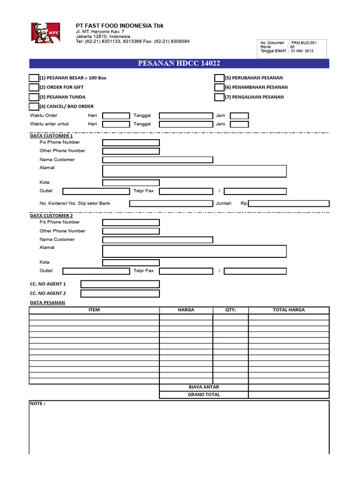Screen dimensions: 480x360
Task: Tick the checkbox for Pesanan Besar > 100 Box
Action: [34, 78]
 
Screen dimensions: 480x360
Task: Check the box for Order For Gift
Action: [34, 87]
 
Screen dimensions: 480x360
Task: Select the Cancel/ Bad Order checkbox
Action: [34, 106]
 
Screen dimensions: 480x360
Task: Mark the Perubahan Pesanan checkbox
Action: [219, 78]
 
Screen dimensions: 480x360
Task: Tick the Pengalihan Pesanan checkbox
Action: [219, 97]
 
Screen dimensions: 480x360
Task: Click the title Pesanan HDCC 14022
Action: [179, 63]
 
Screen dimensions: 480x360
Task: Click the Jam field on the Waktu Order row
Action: [240, 115]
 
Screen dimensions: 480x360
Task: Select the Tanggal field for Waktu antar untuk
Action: [186, 124]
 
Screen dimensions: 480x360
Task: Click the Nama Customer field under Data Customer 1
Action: [157, 160]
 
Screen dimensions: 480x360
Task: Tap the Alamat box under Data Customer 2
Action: [194, 251]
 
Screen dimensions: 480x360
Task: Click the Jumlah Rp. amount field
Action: [289, 203]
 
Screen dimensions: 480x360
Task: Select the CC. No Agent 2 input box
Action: [120, 293]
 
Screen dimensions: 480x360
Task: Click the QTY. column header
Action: [230, 310]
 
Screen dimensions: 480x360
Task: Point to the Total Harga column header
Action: [289, 310]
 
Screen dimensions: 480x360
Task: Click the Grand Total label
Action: [203, 395]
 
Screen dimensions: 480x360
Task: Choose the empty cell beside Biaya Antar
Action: [289, 387]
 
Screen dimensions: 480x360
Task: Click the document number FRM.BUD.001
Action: [304, 43]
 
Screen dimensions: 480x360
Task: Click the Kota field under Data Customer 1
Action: [131, 182]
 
